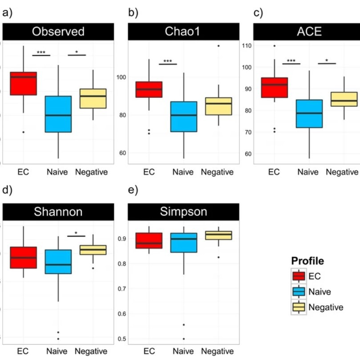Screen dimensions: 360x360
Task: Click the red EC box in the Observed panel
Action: [24, 83]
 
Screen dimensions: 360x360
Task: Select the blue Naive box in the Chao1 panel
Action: [184, 117]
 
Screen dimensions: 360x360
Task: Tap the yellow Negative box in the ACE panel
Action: [344, 99]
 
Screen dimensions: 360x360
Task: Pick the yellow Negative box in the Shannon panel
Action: [93, 250]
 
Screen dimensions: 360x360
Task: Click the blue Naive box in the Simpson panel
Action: [184, 243]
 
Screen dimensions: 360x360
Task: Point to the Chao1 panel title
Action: [182, 32]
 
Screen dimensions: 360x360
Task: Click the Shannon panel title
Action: [58, 211]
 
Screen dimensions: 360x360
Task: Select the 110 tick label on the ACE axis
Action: [247, 46]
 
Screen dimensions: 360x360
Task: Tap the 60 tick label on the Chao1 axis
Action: [123, 153]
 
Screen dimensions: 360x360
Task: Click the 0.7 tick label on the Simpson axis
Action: [121, 289]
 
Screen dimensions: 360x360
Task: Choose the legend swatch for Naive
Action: [299, 291]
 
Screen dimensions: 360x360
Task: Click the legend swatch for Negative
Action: [299, 307]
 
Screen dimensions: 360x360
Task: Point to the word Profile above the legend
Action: [307, 261]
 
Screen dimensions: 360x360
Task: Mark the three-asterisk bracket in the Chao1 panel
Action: [168, 63]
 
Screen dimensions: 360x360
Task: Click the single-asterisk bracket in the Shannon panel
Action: [76, 235]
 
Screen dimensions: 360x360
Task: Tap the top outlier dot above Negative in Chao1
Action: [218, 46]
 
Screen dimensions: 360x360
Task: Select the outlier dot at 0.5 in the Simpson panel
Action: [184, 339]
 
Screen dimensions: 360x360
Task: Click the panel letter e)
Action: [133, 190]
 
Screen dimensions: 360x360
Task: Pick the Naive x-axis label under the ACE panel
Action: [308, 172]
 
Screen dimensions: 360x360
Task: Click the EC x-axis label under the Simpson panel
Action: [149, 351]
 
